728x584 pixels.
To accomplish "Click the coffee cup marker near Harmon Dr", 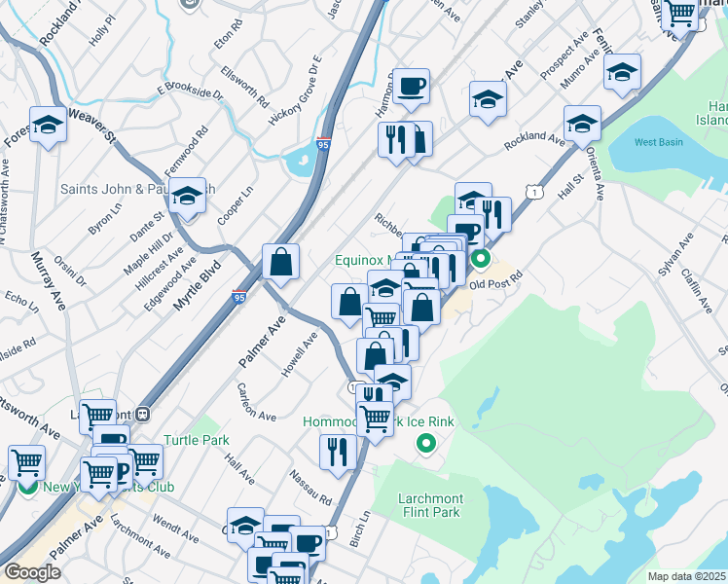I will [x=412, y=86].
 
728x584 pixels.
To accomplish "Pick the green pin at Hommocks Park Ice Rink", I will [x=425, y=445].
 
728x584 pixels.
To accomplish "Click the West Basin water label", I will [x=658, y=142].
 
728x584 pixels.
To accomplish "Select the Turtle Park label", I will [x=197, y=440].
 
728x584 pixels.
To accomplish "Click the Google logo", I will [x=32, y=572].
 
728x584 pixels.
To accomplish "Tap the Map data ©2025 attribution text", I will [x=687, y=576].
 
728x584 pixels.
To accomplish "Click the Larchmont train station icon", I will [x=143, y=413].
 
